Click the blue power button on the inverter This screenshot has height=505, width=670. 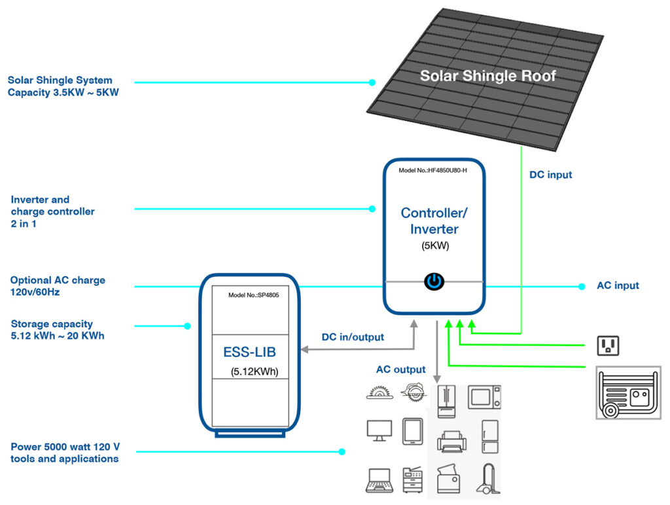tap(434, 281)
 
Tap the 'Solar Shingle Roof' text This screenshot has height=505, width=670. tap(487, 76)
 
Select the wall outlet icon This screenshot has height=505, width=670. tap(608, 345)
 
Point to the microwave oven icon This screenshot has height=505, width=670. tap(484, 396)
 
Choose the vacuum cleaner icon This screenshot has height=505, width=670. tap(485, 479)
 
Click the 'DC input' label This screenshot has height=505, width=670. tap(550, 175)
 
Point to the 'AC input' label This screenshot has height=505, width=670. tap(618, 286)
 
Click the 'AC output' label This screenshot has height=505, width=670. tap(400, 370)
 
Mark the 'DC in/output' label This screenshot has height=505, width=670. tap(353, 337)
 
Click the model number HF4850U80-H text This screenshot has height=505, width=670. tap(432, 171)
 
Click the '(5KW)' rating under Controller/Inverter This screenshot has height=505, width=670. tap(434, 247)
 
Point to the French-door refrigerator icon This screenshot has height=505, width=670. tap(448, 400)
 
